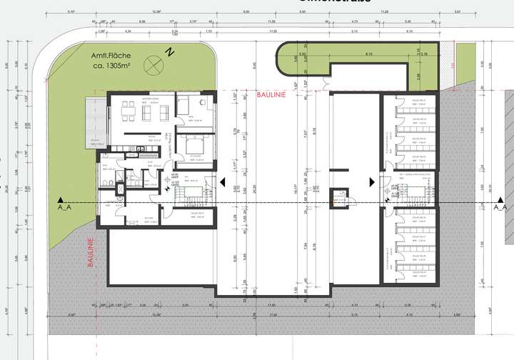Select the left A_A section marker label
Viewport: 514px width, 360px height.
[x=64, y=207]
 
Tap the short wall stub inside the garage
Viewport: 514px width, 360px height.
[x=339, y=171]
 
